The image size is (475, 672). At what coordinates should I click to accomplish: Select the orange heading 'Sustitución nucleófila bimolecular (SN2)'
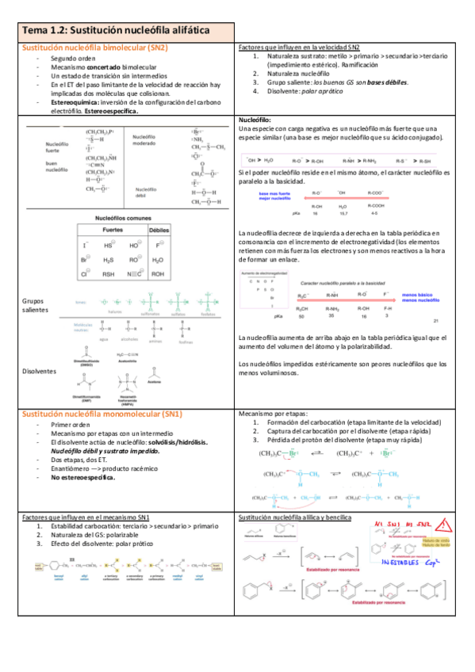pyautogui.click(x=94, y=48)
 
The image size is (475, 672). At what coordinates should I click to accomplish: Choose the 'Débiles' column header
pyautogui.click(x=159, y=229)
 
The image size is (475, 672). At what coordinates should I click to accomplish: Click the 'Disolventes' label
pyautogui.click(x=40, y=370)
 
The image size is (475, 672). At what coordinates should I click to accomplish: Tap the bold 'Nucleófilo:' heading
pyautogui.click(x=255, y=120)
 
